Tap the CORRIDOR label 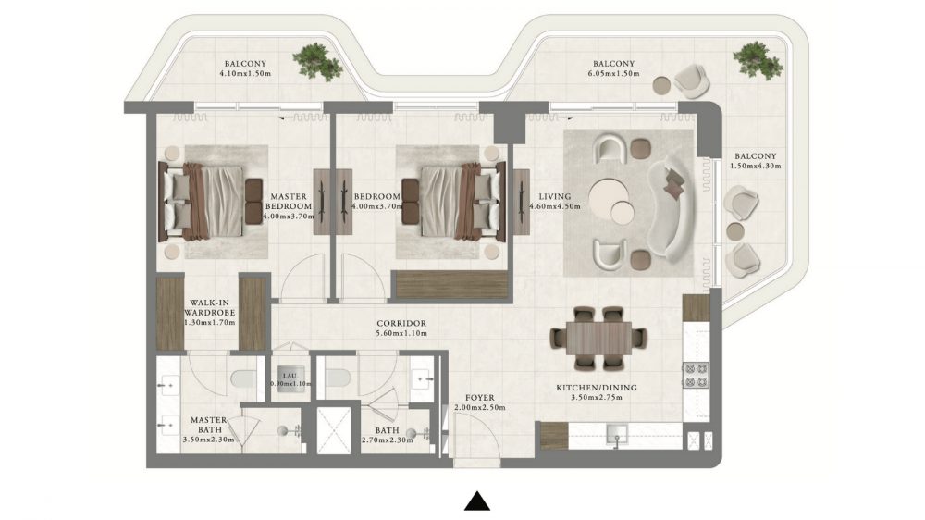tap(401, 324)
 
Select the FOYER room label tap(479, 398)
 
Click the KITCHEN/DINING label tap(597, 388)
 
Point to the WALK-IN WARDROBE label tap(209, 307)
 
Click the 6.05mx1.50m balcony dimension tap(613, 74)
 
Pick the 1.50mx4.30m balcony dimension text tap(755, 166)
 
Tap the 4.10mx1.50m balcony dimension tap(245, 74)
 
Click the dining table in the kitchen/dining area tap(598, 339)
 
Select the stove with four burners tap(696, 375)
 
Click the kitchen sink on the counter tap(618, 436)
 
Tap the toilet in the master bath tap(242, 378)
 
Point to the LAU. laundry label tap(290, 376)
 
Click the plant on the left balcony tap(317, 59)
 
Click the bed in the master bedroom tap(203, 202)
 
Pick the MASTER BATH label tap(209, 425)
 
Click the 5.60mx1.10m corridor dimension tap(401, 333)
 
